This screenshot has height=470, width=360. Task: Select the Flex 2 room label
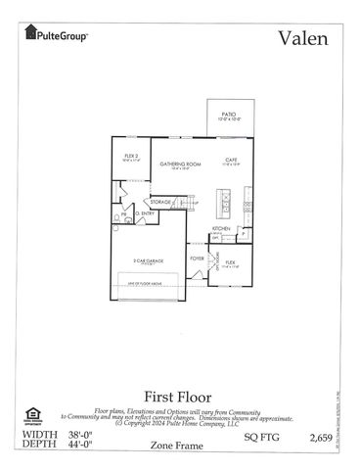tap(131, 156)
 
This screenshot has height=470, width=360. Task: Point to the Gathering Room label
tap(180, 164)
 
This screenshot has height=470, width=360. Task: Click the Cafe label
tap(232, 160)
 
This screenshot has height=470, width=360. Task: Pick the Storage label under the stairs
tap(160, 202)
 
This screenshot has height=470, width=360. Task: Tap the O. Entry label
tap(144, 213)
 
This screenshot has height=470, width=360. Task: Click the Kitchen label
tap(221, 228)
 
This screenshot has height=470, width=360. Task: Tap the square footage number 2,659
tap(326, 434)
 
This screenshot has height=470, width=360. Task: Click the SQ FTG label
tap(253, 434)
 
